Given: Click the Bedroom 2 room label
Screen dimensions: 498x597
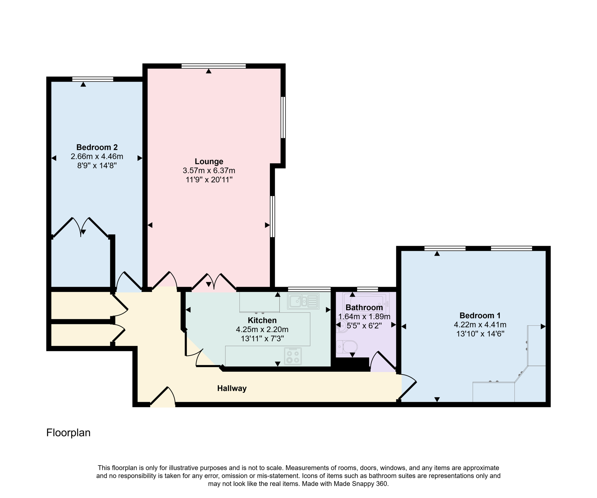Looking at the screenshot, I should (x=97, y=147).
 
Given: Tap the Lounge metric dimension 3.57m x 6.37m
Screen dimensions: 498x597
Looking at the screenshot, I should (x=209, y=170).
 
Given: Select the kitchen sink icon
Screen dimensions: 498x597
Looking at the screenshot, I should (x=303, y=301).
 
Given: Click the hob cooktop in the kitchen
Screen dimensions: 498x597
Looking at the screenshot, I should (x=293, y=356).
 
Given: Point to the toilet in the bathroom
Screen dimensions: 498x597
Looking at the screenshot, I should (x=347, y=347).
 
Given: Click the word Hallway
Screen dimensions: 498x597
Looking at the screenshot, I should (x=232, y=388).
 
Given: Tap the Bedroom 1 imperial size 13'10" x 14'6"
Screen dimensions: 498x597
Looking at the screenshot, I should (x=480, y=334).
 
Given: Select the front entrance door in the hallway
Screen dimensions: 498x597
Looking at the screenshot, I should (x=163, y=397).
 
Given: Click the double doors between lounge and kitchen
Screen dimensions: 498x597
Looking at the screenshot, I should (x=214, y=282).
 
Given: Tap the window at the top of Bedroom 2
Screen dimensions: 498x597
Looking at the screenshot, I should (x=93, y=79).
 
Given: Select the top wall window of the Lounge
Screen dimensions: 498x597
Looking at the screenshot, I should (x=213, y=66).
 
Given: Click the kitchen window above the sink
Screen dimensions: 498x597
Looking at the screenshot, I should (x=309, y=289).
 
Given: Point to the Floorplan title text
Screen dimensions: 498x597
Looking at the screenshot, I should (x=68, y=432).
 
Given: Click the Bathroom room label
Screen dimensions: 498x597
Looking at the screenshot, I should (x=364, y=307).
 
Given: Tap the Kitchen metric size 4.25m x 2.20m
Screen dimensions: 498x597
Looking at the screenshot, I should (x=262, y=329).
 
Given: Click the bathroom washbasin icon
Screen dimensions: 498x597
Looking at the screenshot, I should (x=341, y=326).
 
